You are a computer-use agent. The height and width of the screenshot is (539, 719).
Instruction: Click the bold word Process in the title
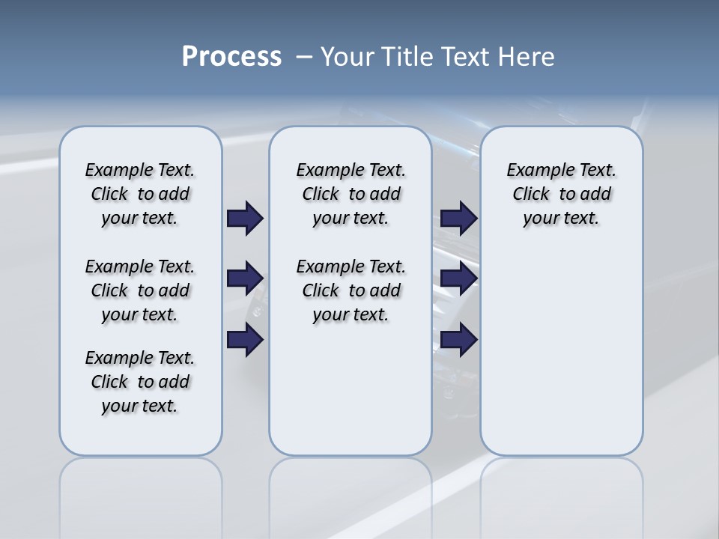click(x=231, y=57)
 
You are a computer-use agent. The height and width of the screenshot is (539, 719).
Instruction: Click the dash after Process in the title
click(x=304, y=58)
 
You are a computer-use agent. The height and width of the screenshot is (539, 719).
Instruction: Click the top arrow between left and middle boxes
click(x=245, y=218)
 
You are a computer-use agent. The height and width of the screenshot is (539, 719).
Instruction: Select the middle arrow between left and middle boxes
click(x=245, y=278)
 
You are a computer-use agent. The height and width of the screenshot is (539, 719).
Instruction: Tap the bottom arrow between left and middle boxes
click(x=245, y=340)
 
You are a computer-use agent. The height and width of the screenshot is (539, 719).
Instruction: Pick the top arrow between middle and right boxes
click(x=458, y=218)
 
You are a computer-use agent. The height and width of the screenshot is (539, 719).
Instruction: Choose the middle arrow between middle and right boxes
click(x=458, y=278)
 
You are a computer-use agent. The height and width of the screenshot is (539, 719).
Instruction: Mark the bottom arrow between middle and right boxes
click(x=458, y=340)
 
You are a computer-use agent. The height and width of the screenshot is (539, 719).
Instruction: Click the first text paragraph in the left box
click(x=140, y=194)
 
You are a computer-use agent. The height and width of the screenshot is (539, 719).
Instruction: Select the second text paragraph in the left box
click(x=140, y=290)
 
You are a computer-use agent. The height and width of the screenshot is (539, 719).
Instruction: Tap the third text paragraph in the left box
click(x=140, y=382)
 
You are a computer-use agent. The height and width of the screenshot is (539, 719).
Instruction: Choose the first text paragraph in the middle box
click(x=351, y=194)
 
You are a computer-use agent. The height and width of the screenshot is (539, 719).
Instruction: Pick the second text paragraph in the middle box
click(x=351, y=290)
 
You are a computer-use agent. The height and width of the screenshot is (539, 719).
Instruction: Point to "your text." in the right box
click(x=561, y=219)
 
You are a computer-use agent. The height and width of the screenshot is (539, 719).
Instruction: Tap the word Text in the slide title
click(x=470, y=57)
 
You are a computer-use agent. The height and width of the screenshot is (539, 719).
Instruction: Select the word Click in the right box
click(x=531, y=195)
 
